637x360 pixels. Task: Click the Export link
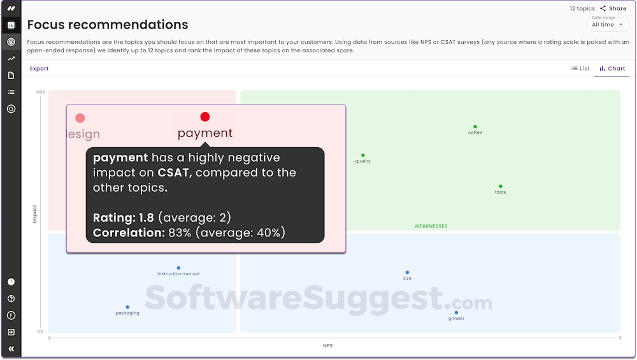coord(39,69)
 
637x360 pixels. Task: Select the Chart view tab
coord(612,69)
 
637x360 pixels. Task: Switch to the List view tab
coord(580,69)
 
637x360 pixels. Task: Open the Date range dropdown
coord(607,24)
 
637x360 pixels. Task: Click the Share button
coord(613,8)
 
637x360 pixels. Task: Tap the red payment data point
coord(205,117)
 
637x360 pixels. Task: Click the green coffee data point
coord(475,127)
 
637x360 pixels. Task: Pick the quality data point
coord(363,155)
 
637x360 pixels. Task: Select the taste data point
coord(501,186)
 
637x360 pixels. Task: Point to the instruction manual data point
coord(178,268)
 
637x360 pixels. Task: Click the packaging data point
coord(127,307)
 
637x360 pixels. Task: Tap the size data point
coord(408,273)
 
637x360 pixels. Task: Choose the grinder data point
coord(456,312)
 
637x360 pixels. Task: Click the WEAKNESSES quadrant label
coord(431,226)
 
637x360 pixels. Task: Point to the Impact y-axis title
coord(34,213)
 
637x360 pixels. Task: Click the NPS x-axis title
coord(327,346)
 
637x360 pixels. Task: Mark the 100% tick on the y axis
coord(40,92)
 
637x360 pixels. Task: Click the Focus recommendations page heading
coord(108,25)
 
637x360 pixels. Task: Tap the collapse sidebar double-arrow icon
coord(11,349)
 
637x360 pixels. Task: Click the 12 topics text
coord(582,8)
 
